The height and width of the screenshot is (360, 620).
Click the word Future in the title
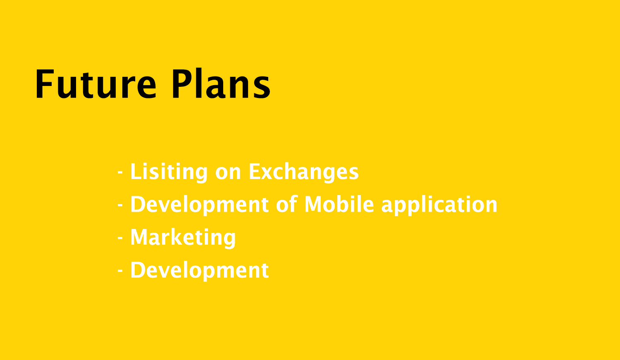96,83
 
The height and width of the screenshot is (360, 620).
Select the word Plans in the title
221,83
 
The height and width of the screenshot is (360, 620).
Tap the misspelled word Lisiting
169,172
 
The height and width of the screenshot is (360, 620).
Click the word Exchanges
304,172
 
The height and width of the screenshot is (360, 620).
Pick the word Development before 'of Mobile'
199,205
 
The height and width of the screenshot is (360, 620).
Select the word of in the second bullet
287,204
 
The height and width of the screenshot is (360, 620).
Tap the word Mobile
339,204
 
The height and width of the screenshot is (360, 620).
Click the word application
439,205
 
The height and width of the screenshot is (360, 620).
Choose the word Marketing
183,238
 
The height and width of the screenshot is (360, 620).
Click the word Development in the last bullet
199,270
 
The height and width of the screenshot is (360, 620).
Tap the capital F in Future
44,84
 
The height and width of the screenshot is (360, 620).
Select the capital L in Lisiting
135,172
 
